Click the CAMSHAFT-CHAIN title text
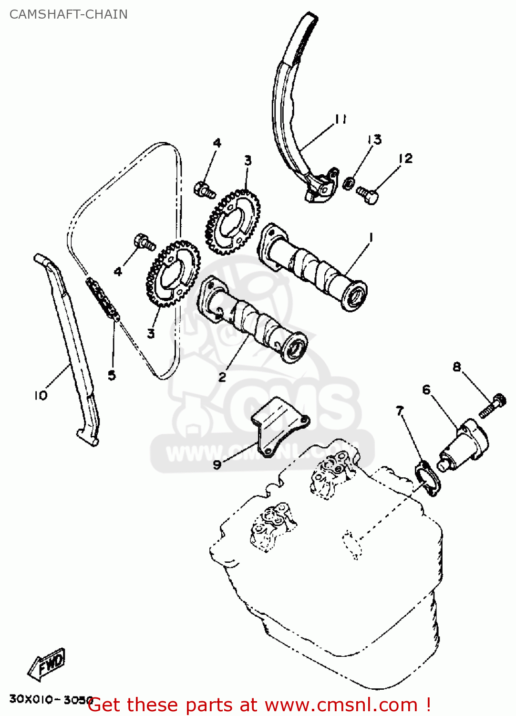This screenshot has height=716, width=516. [68, 14]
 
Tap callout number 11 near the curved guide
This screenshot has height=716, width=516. [340, 119]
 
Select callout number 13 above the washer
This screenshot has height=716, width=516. [374, 139]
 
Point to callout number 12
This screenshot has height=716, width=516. [405, 158]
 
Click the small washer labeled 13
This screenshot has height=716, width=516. [349, 182]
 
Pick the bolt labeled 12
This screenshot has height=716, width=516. [368, 194]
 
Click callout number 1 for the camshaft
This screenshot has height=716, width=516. [371, 237]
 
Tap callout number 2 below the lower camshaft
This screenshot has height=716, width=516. [222, 377]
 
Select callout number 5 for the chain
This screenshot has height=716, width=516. [112, 375]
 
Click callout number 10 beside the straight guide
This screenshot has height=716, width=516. [41, 395]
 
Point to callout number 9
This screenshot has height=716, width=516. [217, 464]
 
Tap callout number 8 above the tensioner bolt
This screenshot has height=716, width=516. [457, 367]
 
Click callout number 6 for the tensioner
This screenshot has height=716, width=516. [426, 390]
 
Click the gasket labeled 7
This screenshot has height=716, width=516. [428, 478]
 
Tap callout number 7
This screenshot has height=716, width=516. [400, 410]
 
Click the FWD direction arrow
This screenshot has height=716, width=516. [47, 664]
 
